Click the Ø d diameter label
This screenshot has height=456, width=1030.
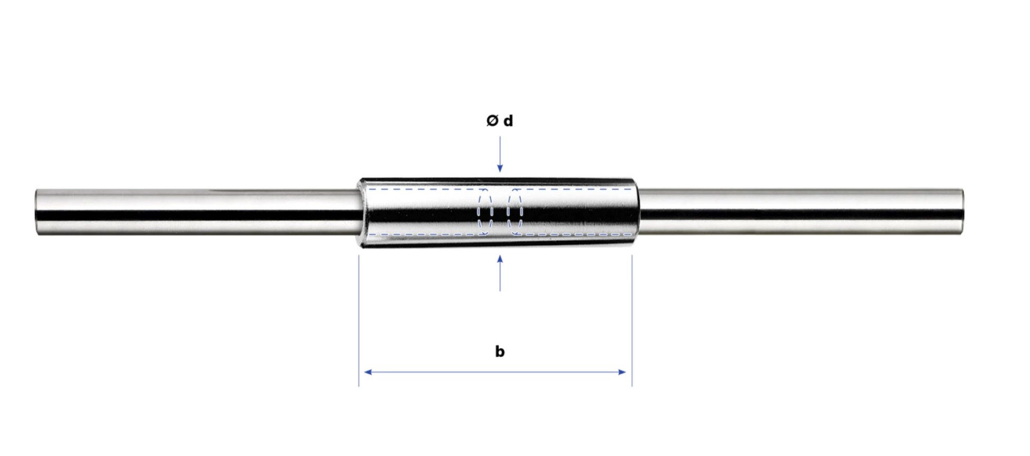(500, 121)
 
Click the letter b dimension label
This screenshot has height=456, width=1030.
(500, 351)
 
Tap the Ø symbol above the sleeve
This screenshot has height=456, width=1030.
(492, 121)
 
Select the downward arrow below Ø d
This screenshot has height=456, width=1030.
(500, 154)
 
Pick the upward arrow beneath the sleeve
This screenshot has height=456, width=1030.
(500, 273)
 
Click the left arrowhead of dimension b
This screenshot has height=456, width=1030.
(368, 372)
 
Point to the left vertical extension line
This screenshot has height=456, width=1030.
(359, 321)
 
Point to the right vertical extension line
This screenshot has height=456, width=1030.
(632, 321)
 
